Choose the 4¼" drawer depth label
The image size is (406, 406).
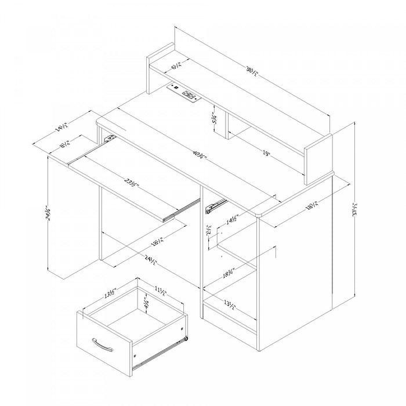(x=148, y=303)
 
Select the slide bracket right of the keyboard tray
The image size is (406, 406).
(x=216, y=204)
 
